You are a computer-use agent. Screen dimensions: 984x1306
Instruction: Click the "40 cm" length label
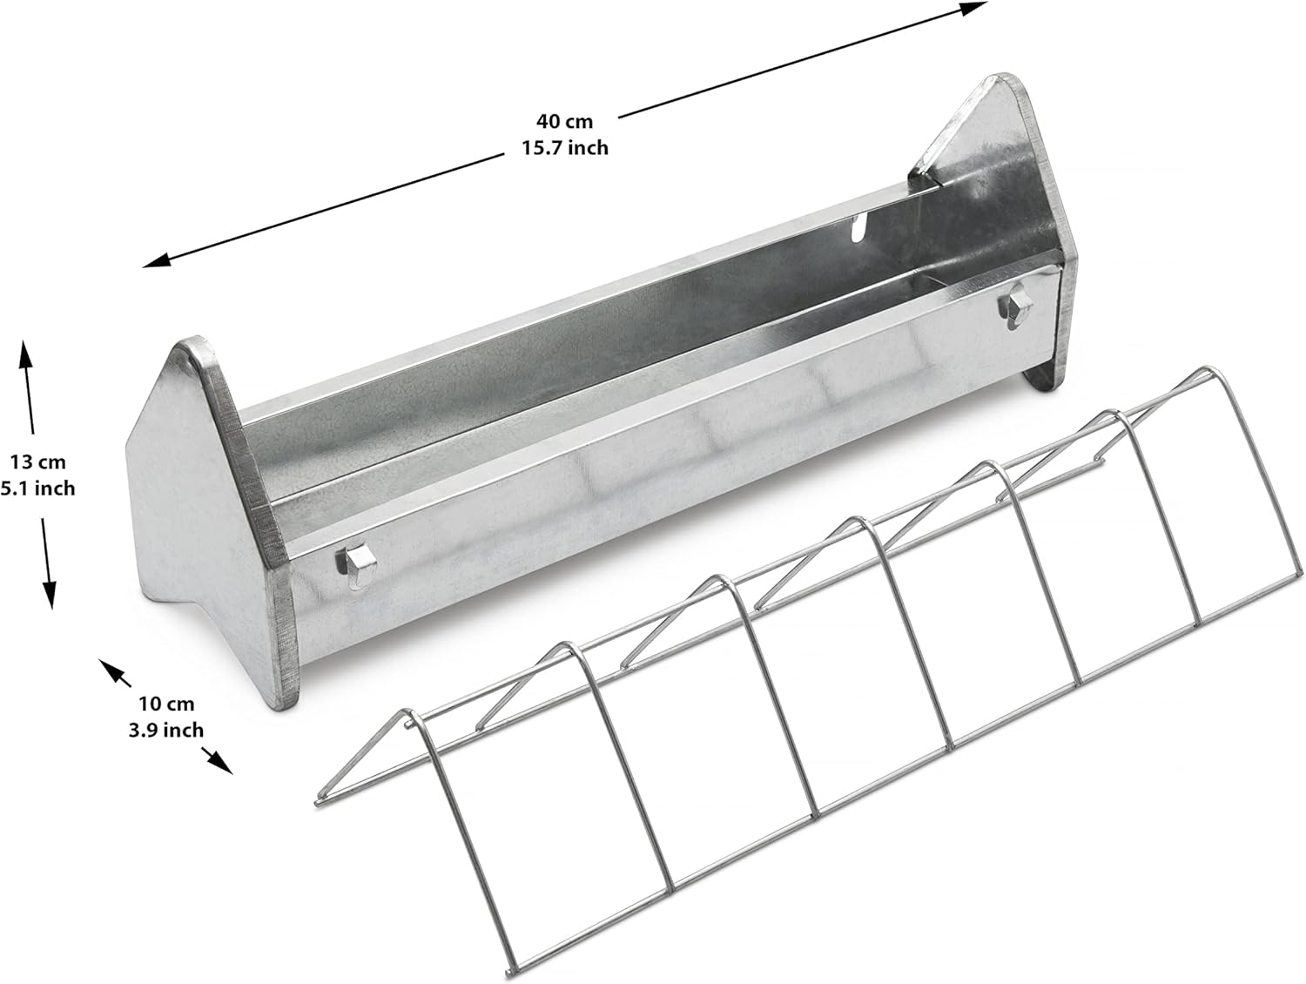pyautogui.click(x=564, y=121)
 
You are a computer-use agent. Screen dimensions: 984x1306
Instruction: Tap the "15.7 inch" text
pyautogui.click(x=564, y=148)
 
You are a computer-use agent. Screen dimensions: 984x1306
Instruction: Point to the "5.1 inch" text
pyautogui.click(x=37, y=489)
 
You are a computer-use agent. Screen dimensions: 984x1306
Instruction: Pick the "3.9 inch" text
pyautogui.click(x=165, y=730)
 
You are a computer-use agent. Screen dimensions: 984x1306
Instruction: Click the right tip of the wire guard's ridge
pyautogui.click(x=1204, y=372)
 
